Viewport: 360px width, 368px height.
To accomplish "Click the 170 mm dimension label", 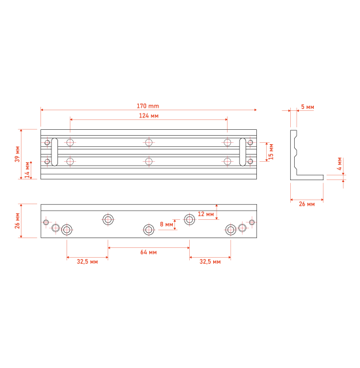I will (147, 106).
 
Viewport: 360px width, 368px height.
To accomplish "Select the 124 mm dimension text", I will (149, 115).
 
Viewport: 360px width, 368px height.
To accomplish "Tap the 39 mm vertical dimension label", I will (18, 154).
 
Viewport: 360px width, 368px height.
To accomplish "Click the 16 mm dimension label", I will (271, 152).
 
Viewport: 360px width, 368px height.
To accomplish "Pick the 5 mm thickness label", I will (307, 106).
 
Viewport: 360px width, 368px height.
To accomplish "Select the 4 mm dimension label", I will (339, 164).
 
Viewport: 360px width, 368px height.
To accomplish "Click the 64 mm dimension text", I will (148, 252).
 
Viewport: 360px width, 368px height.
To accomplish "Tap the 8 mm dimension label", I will (166, 224).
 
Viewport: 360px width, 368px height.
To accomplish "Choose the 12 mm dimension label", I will (205, 214).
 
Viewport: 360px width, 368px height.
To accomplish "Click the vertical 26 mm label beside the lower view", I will (18, 221).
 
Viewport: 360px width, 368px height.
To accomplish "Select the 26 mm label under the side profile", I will (307, 204).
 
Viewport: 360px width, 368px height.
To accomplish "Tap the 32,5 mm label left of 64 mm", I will (87, 262).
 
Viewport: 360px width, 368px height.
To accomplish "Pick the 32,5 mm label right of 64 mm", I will (209, 262).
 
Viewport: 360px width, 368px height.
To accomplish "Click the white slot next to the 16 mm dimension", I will (243, 152).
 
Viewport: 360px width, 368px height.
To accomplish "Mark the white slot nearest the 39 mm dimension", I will (55, 152).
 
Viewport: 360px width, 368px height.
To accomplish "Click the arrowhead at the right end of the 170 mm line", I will (255, 110).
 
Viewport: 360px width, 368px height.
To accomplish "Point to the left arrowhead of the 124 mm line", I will (72, 119).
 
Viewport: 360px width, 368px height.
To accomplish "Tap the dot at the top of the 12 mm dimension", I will (217, 207).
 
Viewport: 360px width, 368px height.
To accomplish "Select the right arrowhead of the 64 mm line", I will (188, 248).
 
